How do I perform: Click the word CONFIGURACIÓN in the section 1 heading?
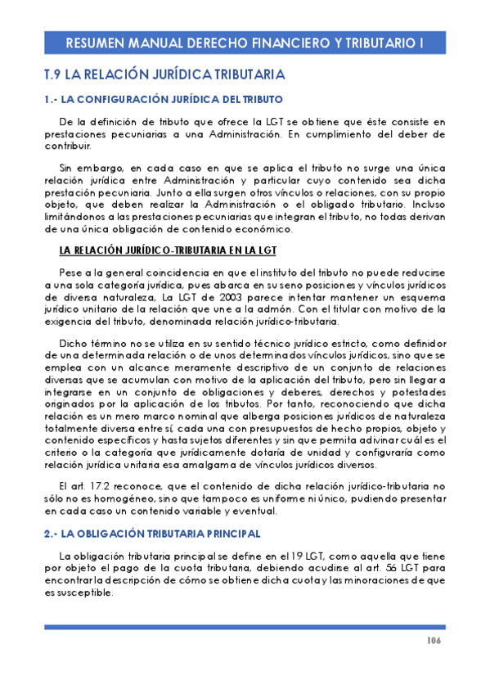[x=137, y=99]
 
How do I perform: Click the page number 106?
[x=434, y=640]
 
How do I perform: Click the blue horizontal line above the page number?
[x=245, y=626]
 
